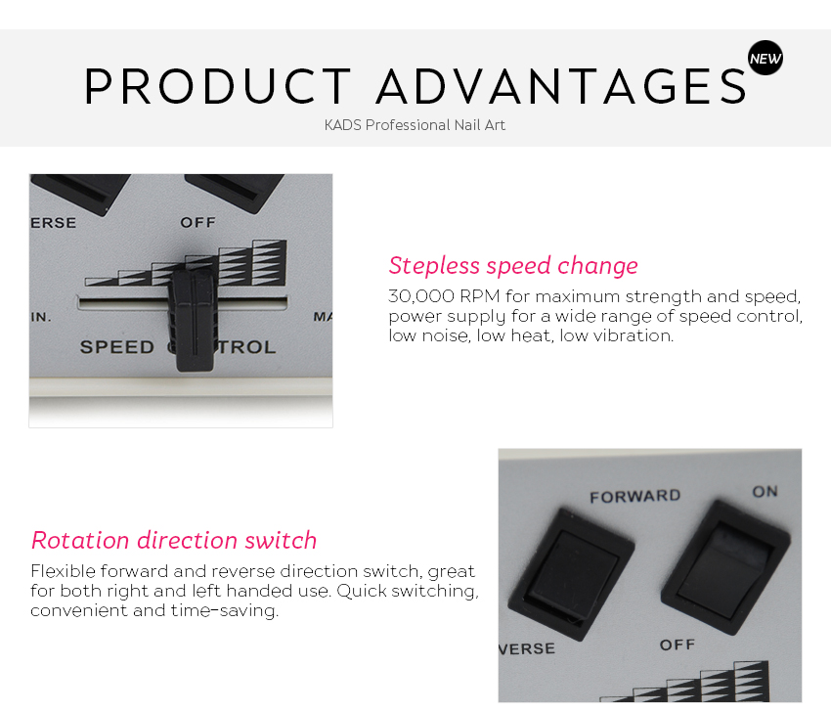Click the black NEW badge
pos(765,58)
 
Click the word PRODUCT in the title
pos(218,86)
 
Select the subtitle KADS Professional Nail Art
pos(415,125)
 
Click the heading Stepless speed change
pos(513,266)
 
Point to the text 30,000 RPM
pos(444,295)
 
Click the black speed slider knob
pos(194,320)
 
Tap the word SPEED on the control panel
pos(117,347)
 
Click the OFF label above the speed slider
pos(197,222)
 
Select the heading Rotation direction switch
pos(174,540)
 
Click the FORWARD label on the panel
pos(634,496)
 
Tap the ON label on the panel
pos(765,491)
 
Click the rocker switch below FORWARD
pos(571,574)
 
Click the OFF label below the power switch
pos(678,645)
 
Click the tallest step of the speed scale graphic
pos(270,263)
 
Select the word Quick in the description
pos(362,591)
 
